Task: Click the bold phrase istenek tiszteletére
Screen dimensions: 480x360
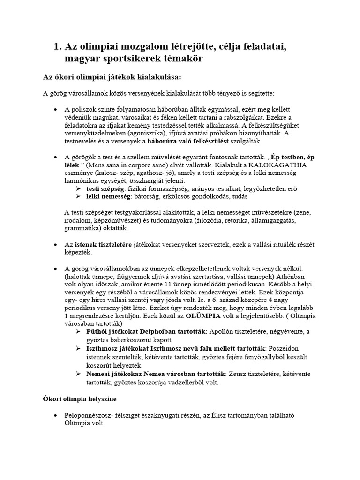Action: (x=103, y=245)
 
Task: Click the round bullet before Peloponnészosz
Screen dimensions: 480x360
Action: (x=56, y=415)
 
